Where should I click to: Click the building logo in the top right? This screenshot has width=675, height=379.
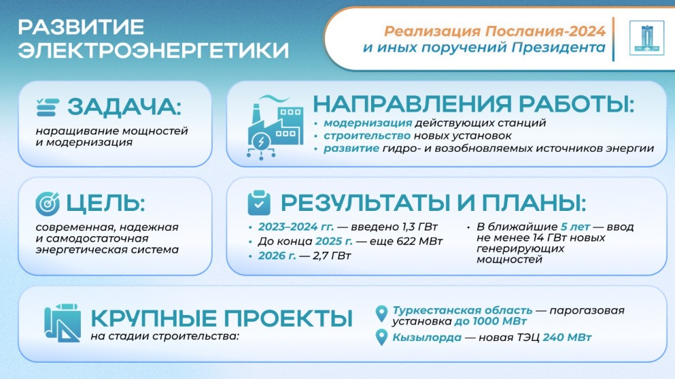(x=646, y=38)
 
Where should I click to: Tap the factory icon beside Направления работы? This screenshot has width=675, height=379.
(x=275, y=128)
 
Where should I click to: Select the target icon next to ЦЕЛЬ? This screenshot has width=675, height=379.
(x=48, y=203)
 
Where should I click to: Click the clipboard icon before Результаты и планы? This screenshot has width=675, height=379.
(x=259, y=203)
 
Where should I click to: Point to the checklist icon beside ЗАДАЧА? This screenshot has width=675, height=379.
(x=48, y=108)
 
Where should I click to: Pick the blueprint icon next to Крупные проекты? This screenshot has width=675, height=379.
(x=63, y=323)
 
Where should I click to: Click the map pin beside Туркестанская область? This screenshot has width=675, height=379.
(x=381, y=314)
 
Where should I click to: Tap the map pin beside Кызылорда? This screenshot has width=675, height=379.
(x=381, y=337)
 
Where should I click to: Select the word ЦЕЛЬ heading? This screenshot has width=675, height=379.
(x=105, y=203)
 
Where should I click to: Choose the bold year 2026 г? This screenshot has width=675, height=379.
(x=277, y=256)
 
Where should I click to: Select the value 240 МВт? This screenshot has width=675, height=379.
(x=567, y=337)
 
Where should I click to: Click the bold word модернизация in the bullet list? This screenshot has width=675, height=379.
(x=368, y=123)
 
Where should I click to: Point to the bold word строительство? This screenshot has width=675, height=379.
(x=367, y=136)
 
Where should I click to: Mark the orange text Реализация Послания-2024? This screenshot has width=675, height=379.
(x=495, y=31)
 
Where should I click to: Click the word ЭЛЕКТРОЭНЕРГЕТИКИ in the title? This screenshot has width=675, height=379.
(x=154, y=50)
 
